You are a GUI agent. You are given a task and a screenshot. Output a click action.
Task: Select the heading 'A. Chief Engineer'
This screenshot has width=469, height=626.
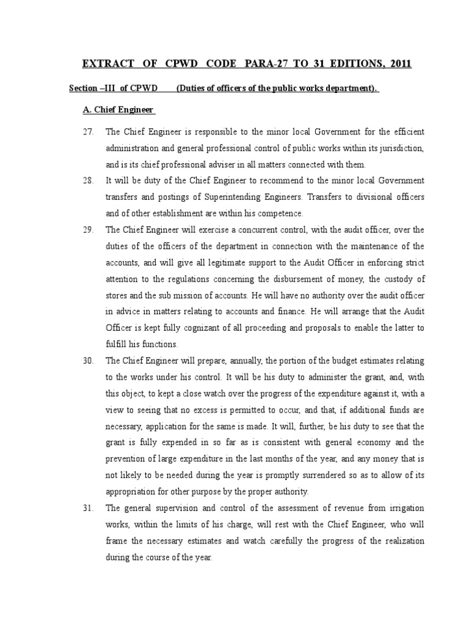click(x=119, y=110)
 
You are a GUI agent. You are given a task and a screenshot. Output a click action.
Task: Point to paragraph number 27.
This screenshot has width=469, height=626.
click(x=88, y=132)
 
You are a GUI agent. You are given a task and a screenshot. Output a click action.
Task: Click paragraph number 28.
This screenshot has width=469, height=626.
click(x=88, y=181)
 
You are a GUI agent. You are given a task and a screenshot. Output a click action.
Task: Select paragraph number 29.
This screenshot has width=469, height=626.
click(x=88, y=230)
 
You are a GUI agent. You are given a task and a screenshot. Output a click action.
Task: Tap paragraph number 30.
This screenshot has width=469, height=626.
click(x=88, y=361)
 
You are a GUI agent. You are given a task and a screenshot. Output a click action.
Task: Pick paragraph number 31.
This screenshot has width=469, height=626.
click(x=88, y=509)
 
